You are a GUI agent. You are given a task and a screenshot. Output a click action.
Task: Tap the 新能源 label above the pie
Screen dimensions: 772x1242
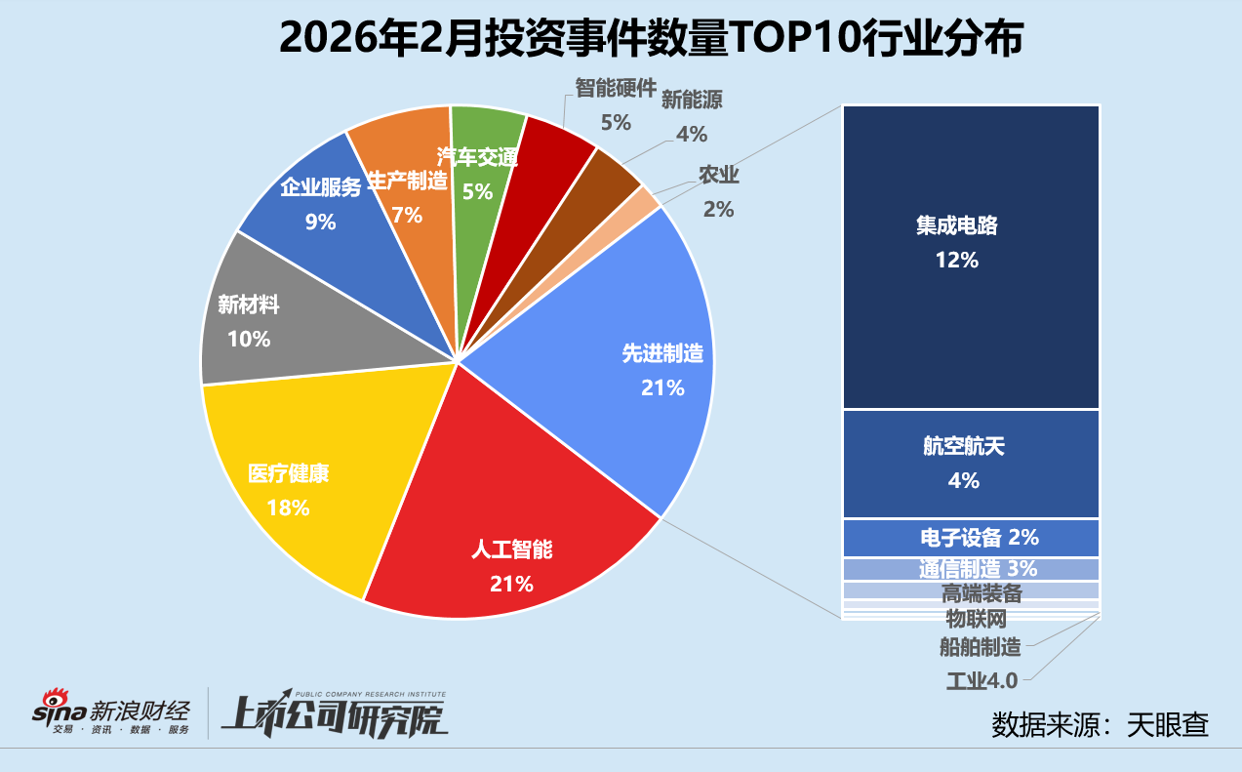(692, 100)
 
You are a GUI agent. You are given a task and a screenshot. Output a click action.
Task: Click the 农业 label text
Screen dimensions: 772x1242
(718, 176)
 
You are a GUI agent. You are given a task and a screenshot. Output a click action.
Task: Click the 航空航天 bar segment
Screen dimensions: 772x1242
(971, 464)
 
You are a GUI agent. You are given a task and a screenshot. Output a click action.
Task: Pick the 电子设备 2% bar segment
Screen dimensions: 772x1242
(971, 538)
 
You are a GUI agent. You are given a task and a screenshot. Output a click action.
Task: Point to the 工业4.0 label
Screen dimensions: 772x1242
(982, 680)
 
